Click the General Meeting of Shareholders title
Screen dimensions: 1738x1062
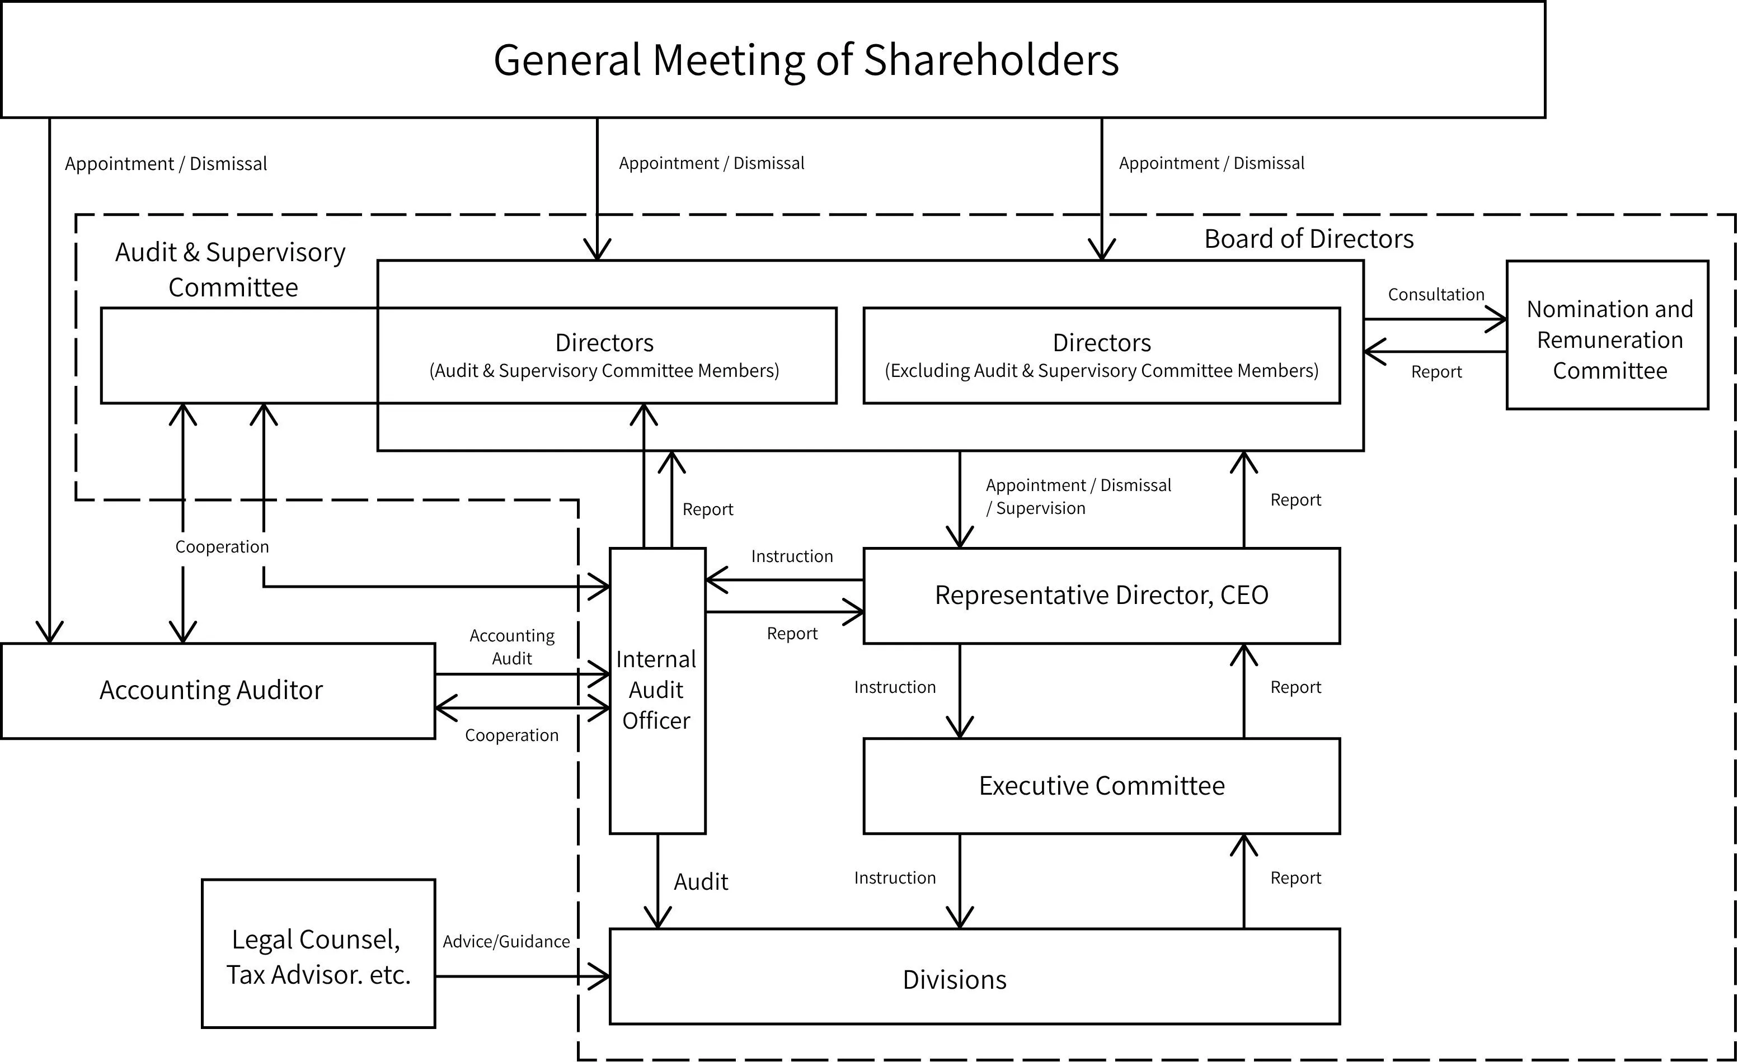pyautogui.click(x=806, y=60)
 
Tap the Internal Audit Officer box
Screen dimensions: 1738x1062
pyautogui.click(x=657, y=690)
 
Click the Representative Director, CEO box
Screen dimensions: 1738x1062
pyautogui.click(x=1102, y=595)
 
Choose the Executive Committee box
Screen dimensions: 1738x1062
pyautogui.click(x=1102, y=786)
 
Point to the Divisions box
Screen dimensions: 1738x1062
pyautogui.click(x=975, y=976)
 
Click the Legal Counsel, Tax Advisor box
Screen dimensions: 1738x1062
pyautogui.click(x=318, y=954)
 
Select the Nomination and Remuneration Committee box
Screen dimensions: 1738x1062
pyautogui.click(x=1608, y=335)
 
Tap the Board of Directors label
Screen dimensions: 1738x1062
pyautogui.click(x=1308, y=239)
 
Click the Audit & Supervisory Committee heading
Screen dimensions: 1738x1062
pyautogui.click(x=231, y=270)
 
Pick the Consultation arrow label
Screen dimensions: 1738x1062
pyautogui.click(x=1436, y=295)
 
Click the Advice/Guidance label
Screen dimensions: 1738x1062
pyautogui.click(x=506, y=941)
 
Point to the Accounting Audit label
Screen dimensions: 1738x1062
pyautogui.click(x=512, y=646)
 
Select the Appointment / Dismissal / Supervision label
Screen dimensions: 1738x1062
pyautogui.click(x=1078, y=497)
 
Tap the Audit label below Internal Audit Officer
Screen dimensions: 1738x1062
pyautogui.click(x=701, y=881)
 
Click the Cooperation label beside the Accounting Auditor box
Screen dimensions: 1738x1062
pyautogui.click(x=511, y=735)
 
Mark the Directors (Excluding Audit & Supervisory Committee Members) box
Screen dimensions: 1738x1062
pyautogui.click(x=1102, y=356)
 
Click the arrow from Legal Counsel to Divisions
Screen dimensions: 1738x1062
pyautogui.click(x=523, y=976)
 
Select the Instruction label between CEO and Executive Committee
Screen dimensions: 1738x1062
pyautogui.click(x=894, y=687)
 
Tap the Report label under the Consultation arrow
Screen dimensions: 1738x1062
pyautogui.click(x=1436, y=372)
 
